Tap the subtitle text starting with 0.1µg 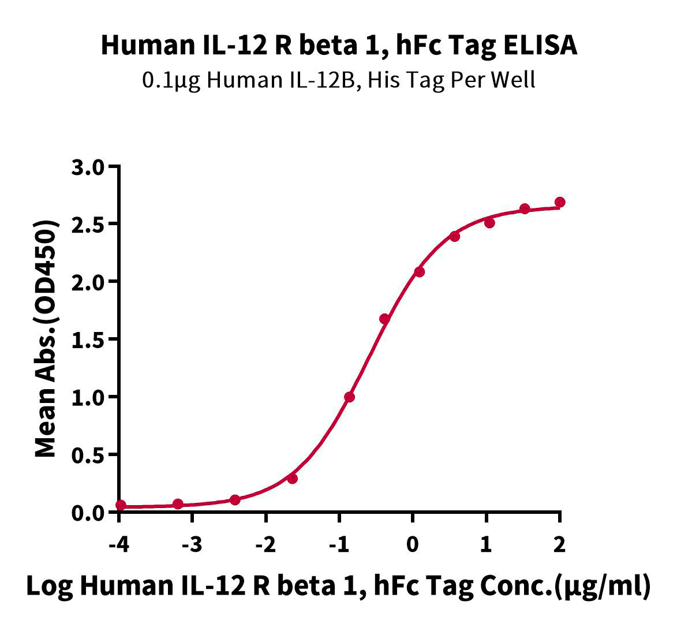coord(339,80)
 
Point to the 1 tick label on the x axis coord(486,544)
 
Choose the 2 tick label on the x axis coord(559,544)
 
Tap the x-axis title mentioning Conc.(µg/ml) coord(339,585)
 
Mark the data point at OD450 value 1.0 coord(349,397)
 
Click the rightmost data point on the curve coord(559,202)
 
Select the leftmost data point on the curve coord(120,505)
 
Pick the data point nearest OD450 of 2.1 coord(419,271)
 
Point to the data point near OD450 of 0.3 coord(292,478)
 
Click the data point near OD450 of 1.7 coord(384,319)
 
